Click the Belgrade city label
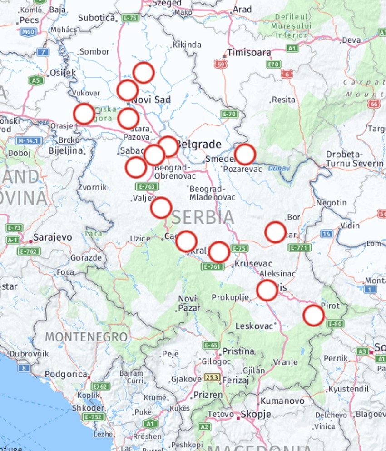pos(199,145)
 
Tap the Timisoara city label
pos(249,52)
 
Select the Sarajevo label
pos(53,237)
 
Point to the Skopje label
pos(256,414)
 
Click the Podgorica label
pos(66,374)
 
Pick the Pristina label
pos(238,351)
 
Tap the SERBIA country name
pos(203,217)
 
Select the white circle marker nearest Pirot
pos(313,316)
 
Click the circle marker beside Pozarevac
pos(245,154)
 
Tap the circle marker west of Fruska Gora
pos(84,114)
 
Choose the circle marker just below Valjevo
pos(161,208)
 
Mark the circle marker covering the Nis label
pos(267,290)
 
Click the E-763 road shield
pos(147,186)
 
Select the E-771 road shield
pos(299,247)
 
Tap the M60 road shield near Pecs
pos(28,31)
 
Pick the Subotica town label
pos(96,18)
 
